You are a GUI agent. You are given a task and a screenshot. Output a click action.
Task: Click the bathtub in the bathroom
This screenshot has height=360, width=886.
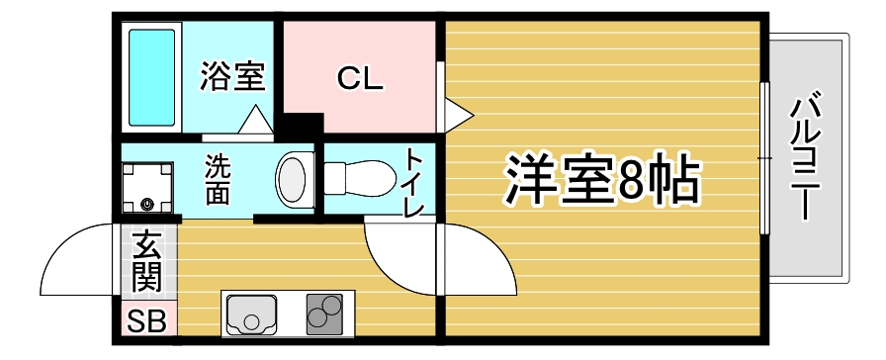pyautogui.click(x=151, y=77)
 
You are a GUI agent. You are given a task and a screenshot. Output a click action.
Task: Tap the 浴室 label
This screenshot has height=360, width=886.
pyautogui.click(x=232, y=77)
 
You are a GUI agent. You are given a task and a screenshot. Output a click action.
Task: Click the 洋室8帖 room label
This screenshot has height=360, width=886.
pyautogui.click(x=602, y=178)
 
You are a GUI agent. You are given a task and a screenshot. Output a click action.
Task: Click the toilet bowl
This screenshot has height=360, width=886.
pyautogui.click(x=359, y=179)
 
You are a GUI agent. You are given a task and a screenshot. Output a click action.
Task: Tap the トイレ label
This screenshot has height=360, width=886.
pyautogui.click(x=415, y=183)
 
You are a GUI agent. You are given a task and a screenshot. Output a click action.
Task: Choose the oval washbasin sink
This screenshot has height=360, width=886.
pyautogui.click(x=292, y=178)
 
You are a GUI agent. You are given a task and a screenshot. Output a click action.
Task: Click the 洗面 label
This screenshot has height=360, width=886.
pyautogui.click(x=217, y=179)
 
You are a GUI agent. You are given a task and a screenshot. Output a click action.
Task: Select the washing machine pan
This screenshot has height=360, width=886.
pyautogui.click(x=147, y=188)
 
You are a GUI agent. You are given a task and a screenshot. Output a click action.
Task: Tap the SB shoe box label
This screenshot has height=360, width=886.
pyautogui.click(x=146, y=321)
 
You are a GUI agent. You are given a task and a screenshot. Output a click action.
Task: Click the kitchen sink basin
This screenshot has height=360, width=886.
pyautogui.click(x=251, y=315)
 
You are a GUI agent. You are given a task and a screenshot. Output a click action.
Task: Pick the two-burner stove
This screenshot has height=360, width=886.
pyautogui.click(x=324, y=314)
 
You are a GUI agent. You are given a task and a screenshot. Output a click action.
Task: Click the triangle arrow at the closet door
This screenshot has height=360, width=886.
pyautogui.click(x=458, y=116)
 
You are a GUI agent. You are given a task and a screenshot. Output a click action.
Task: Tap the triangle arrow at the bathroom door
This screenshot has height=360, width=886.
pyautogui.click(x=256, y=120)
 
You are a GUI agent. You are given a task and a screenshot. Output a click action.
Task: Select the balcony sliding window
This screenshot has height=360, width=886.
pyautogui.click(x=764, y=158)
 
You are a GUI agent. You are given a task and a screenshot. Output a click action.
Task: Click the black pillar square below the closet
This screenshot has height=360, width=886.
pyautogui.click(x=303, y=125)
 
